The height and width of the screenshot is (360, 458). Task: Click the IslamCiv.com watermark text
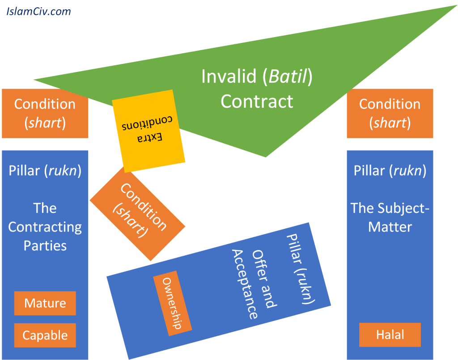pyautogui.click(x=38, y=11)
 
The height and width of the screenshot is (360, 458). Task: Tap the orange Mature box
pyautogui.click(x=45, y=303)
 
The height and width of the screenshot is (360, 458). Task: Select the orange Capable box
pyautogui.click(x=45, y=335)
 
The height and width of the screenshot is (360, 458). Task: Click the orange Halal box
pyautogui.click(x=390, y=335)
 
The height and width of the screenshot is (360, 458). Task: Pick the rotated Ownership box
pyautogui.click(x=173, y=303)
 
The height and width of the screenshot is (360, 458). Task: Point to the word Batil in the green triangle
pyautogui.click(x=288, y=76)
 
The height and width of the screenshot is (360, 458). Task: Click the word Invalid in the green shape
pyautogui.click(x=228, y=76)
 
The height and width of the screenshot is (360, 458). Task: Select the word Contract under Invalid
pyautogui.click(x=257, y=102)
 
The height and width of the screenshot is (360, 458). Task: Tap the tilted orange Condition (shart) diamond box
pyautogui.click(x=138, y=213)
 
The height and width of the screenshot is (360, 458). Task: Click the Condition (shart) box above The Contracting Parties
pyautogui.click(x=45, y=113)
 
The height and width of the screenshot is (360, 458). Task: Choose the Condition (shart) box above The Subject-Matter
pyautogui.click(x=390, y=113)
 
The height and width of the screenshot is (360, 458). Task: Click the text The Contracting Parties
pyautogui.click(x=45, y=227)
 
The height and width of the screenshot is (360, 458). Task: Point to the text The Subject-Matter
pyautogui.click(x=390, y=217)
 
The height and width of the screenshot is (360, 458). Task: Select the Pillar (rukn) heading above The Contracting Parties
pyautogui.click(x=45, y=171)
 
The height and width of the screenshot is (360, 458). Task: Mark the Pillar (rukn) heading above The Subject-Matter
pyautogui.click(x=390, y=171)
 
